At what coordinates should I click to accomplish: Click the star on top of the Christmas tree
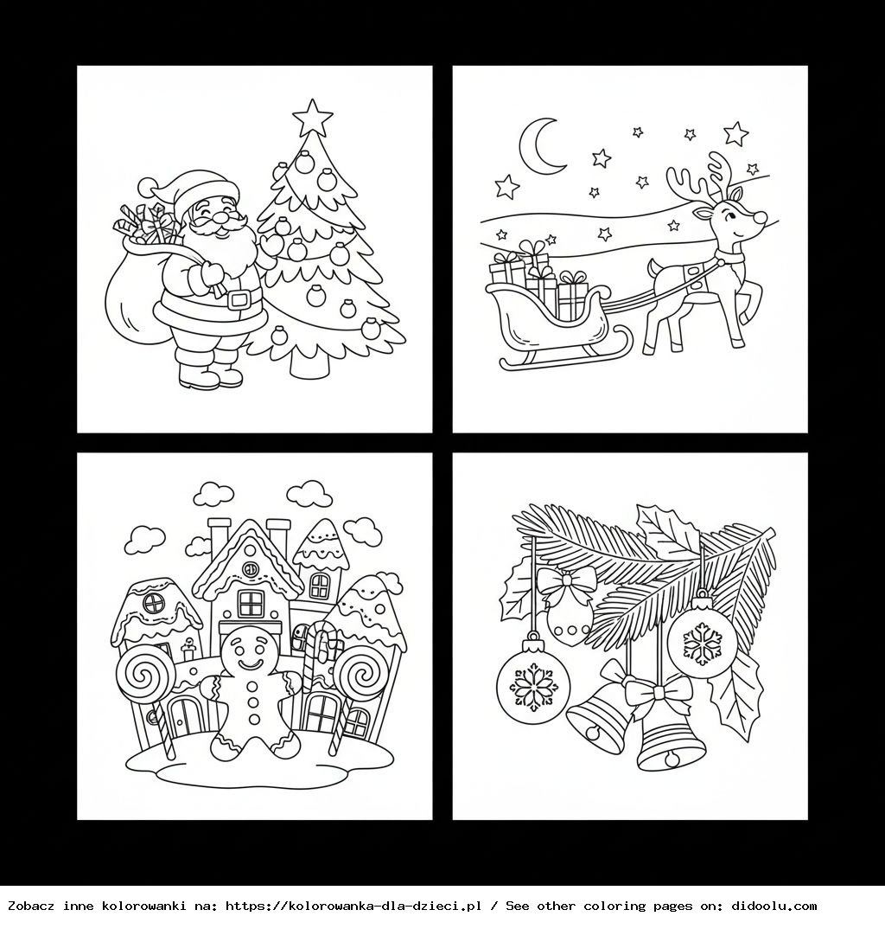[313, 118]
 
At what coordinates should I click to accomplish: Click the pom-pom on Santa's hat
[147, 185]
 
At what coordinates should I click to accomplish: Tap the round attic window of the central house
[251, 568]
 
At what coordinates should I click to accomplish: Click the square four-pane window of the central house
[251, 604]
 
